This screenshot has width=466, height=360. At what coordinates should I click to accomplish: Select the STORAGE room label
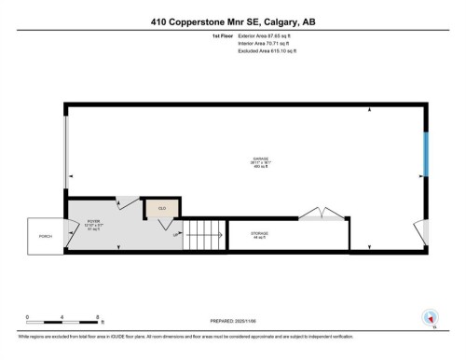(259, 234)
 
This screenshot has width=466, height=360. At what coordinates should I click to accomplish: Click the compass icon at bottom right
(430, 317)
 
